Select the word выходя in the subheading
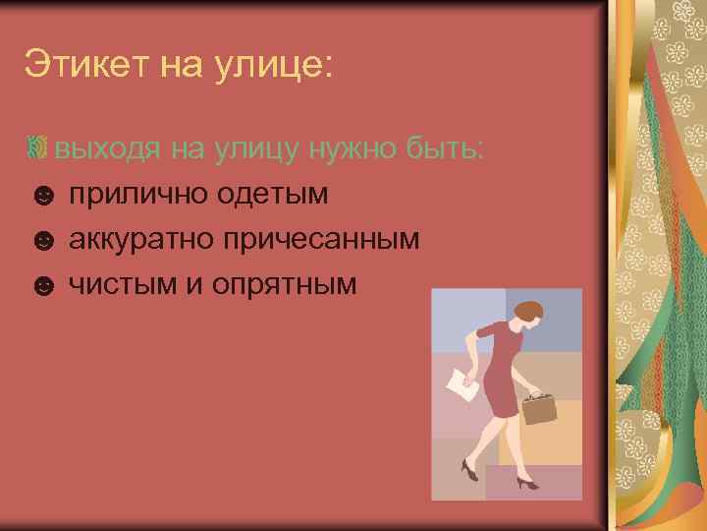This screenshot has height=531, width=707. [x=108, y=149]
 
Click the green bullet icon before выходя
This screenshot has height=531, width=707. [x=38, y=149]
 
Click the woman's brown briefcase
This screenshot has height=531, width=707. [x=539, y=406]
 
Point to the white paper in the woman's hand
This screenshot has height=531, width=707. [x=462, y=385]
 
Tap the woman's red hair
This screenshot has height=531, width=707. [x=529, y=313]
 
